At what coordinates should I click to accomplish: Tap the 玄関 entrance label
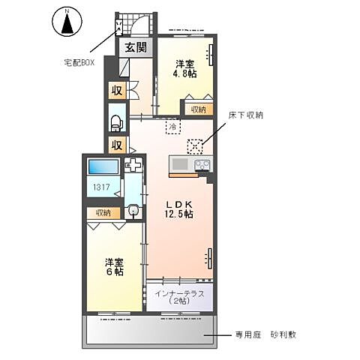pos(136,47)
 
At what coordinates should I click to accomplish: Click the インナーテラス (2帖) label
pos(179,296)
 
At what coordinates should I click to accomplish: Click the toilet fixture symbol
pos(116,121)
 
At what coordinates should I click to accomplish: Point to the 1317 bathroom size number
pos(100,188)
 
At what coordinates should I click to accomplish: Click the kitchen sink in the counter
pos(179,164)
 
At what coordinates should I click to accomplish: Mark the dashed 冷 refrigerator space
pos(172,127)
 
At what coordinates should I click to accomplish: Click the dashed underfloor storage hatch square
pos(195,145)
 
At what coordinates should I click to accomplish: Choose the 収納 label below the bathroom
pos(103,213)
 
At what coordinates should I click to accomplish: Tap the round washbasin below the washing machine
pos(133,211)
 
